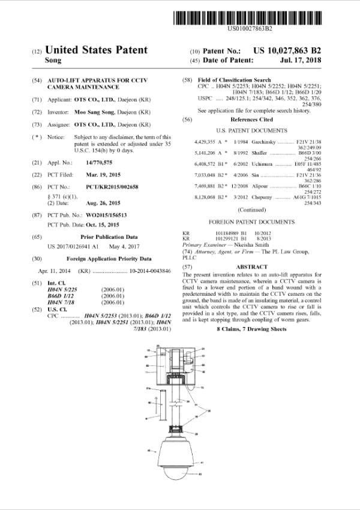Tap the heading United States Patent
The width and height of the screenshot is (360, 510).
click(x=96, y=50)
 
